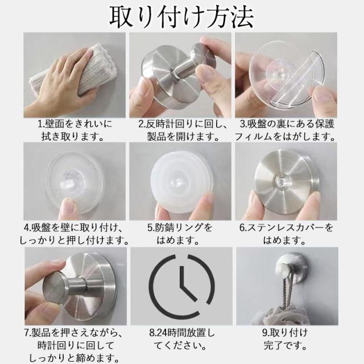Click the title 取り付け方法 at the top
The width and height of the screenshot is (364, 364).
click(181, 17)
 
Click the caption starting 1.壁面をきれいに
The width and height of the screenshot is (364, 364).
click(75, 130)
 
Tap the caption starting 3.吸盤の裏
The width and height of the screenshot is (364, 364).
click(286, 130)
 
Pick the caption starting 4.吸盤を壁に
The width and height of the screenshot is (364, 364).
click(75, 234)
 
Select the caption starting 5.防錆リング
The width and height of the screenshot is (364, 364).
click(180, 234)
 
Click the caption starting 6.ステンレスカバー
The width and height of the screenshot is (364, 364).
click(286, 234)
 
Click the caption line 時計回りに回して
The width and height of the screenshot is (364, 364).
click(76, 345)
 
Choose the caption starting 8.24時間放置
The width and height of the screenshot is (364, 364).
click(181, 339)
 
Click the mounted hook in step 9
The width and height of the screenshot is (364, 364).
click(288, 267)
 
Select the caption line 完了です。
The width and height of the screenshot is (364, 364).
click(285, 345)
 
